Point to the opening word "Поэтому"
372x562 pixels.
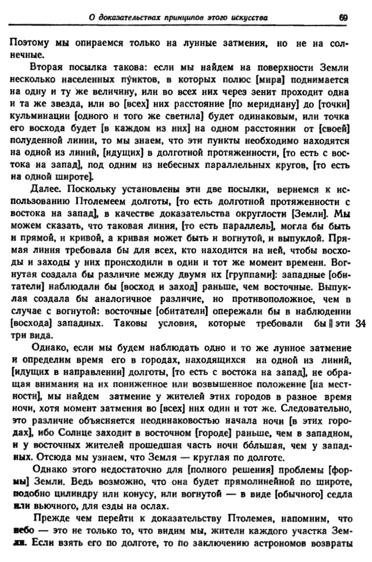tap(30, 43)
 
